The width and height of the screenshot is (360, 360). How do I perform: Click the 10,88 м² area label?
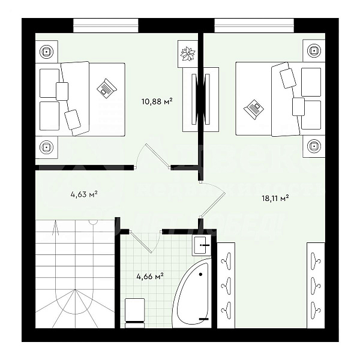157,101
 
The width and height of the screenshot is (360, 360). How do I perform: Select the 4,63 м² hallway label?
83,194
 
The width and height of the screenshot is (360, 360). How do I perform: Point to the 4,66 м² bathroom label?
149,277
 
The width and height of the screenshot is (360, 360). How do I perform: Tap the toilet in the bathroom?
133,312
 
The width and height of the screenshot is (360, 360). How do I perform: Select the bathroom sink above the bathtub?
201,242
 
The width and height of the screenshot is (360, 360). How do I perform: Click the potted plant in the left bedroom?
188,53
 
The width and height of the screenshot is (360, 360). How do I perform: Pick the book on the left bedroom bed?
106,88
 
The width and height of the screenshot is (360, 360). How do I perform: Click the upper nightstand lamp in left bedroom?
46,52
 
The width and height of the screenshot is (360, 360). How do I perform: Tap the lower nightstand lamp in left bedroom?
46,146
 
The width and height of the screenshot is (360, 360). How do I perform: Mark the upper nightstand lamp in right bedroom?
313,51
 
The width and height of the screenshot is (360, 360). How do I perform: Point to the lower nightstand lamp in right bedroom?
313,145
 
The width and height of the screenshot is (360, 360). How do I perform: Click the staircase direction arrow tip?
55,223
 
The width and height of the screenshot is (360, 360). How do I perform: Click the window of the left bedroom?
106,25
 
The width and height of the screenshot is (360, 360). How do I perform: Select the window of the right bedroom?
254,25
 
